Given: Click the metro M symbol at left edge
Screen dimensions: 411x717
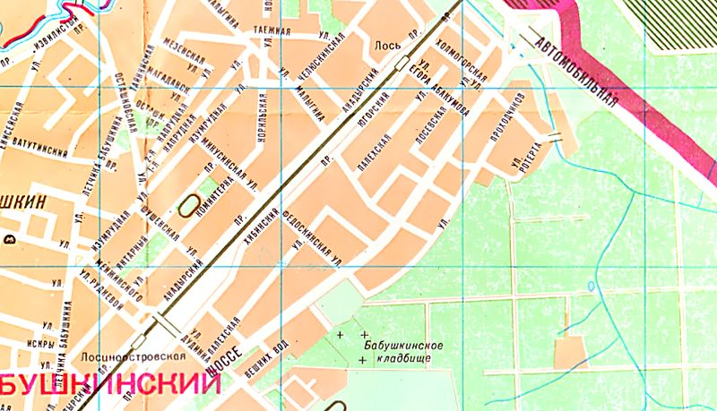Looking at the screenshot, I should click(8, 239).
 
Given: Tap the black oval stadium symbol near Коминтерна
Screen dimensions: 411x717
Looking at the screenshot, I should click(188, 205).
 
